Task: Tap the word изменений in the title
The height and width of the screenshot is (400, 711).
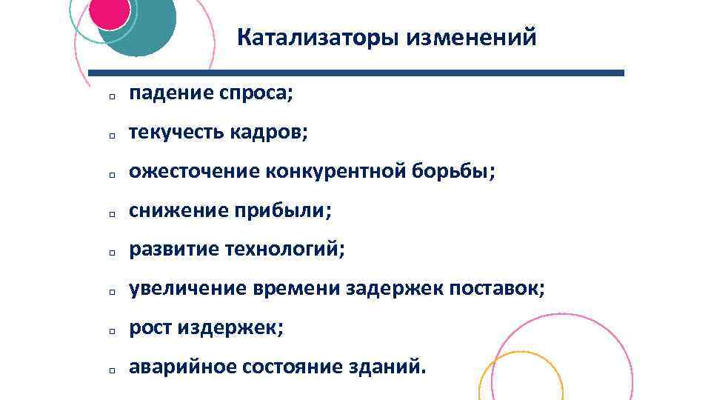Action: click(470, 37)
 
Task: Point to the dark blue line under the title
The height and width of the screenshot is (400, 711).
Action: click(355, 73)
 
